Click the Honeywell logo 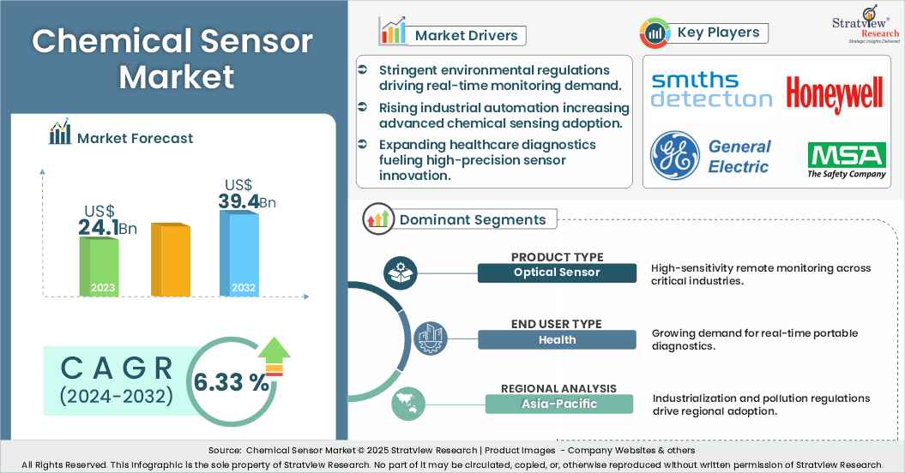coord(834,94)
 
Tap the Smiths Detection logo coord(711,90)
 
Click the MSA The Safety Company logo coord(846,160)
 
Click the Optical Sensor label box coord(557,272)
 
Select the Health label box coord(557,339)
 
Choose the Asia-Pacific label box coord(558,404)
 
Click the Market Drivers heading coord(467,35)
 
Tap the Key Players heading coord(718,33)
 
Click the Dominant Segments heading coord(473,219)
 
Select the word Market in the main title coord(176,76)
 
